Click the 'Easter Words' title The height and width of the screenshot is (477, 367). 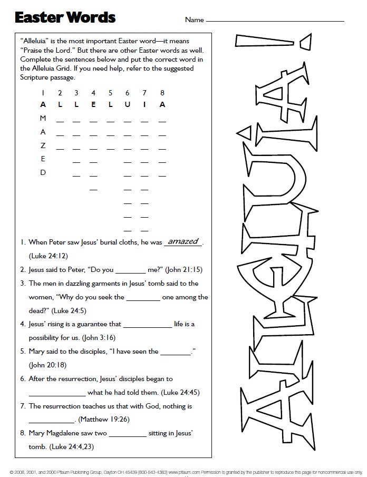pyautogui.click(x=65, y=17)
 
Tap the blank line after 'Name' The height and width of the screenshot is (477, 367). pyautogui.click(x=274, y=21)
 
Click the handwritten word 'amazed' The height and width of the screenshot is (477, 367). pyautogui.click(x=183, y=241)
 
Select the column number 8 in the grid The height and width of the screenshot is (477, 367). pyautogui.click(x=162, y=93)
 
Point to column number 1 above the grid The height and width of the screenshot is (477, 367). pyautogui.click(x=43, y=93)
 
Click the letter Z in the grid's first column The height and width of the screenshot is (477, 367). pyautogui.click(x=43, y=145)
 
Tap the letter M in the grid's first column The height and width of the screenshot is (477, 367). pyautogui.click(x=43, y=118)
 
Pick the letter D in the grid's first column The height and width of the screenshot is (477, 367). pyautogui.click(x=43, y=172)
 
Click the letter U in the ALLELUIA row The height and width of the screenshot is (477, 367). pyautogui.click(x=127, y=104)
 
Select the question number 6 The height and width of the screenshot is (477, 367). pyautogui.click(x=23, y=378)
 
